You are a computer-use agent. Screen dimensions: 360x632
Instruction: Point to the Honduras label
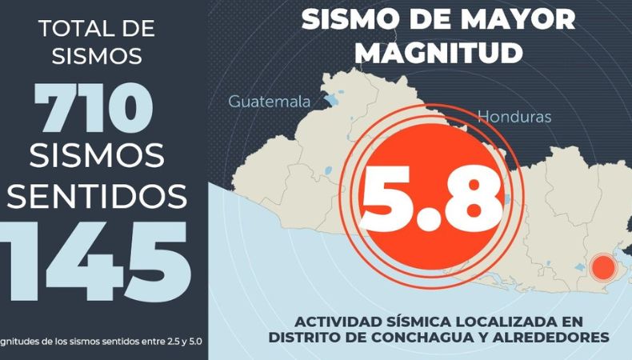[514, 117]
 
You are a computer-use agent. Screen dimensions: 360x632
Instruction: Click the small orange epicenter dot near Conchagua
[601, 266]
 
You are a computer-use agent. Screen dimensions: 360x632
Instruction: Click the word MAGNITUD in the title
[438, 51]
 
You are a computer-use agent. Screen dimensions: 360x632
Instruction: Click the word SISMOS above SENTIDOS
[97, 154]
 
